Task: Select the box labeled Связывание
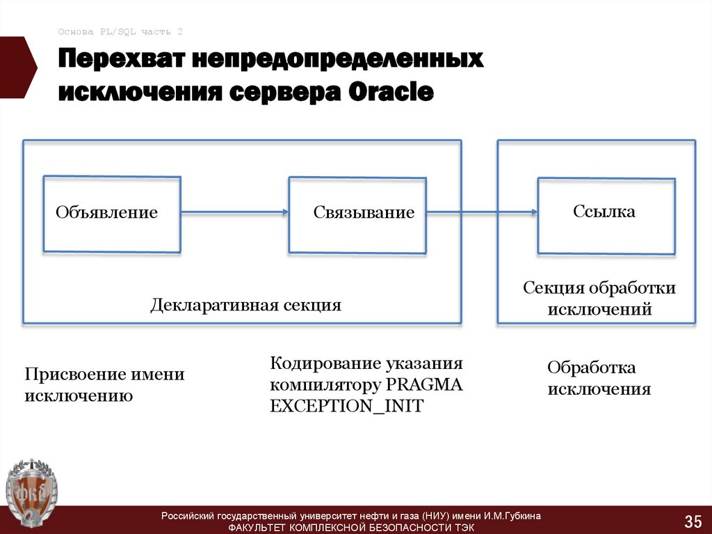click(x=357, y=214)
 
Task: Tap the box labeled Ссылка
click(x=605, y=214)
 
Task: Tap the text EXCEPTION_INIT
click(x=346, y=406)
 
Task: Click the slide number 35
click(x=693, y=521)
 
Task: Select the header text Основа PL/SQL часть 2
click(x=120, y=31)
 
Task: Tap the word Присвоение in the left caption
click(x=74, y=375)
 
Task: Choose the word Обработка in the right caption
click(x=591, y=367)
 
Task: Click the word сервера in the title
click(x=278, y=93)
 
